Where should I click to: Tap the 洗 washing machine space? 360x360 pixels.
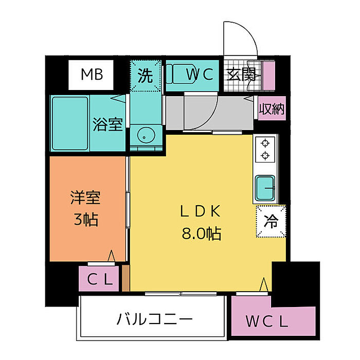pos(146,76)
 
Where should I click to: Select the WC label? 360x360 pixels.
pos(200,75)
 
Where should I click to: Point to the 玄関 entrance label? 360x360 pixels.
pos(241,75)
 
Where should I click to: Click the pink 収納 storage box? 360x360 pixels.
pos(271,109)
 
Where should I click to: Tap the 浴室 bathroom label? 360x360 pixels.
pos(107,124)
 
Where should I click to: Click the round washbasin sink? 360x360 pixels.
pos(145,136)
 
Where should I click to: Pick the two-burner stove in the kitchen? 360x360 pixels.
pos(265,149)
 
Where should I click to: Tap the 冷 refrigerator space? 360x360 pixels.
pos(271,222)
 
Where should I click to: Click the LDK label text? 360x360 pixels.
pos(200,210)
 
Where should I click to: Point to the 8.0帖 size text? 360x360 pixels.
pos(201,234)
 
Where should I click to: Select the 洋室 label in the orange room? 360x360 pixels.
pos(85,197)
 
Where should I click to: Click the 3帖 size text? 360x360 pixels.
pos(85,221)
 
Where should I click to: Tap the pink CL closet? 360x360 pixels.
pos(99,279)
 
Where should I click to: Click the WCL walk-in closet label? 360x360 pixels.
pos(266,322)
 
